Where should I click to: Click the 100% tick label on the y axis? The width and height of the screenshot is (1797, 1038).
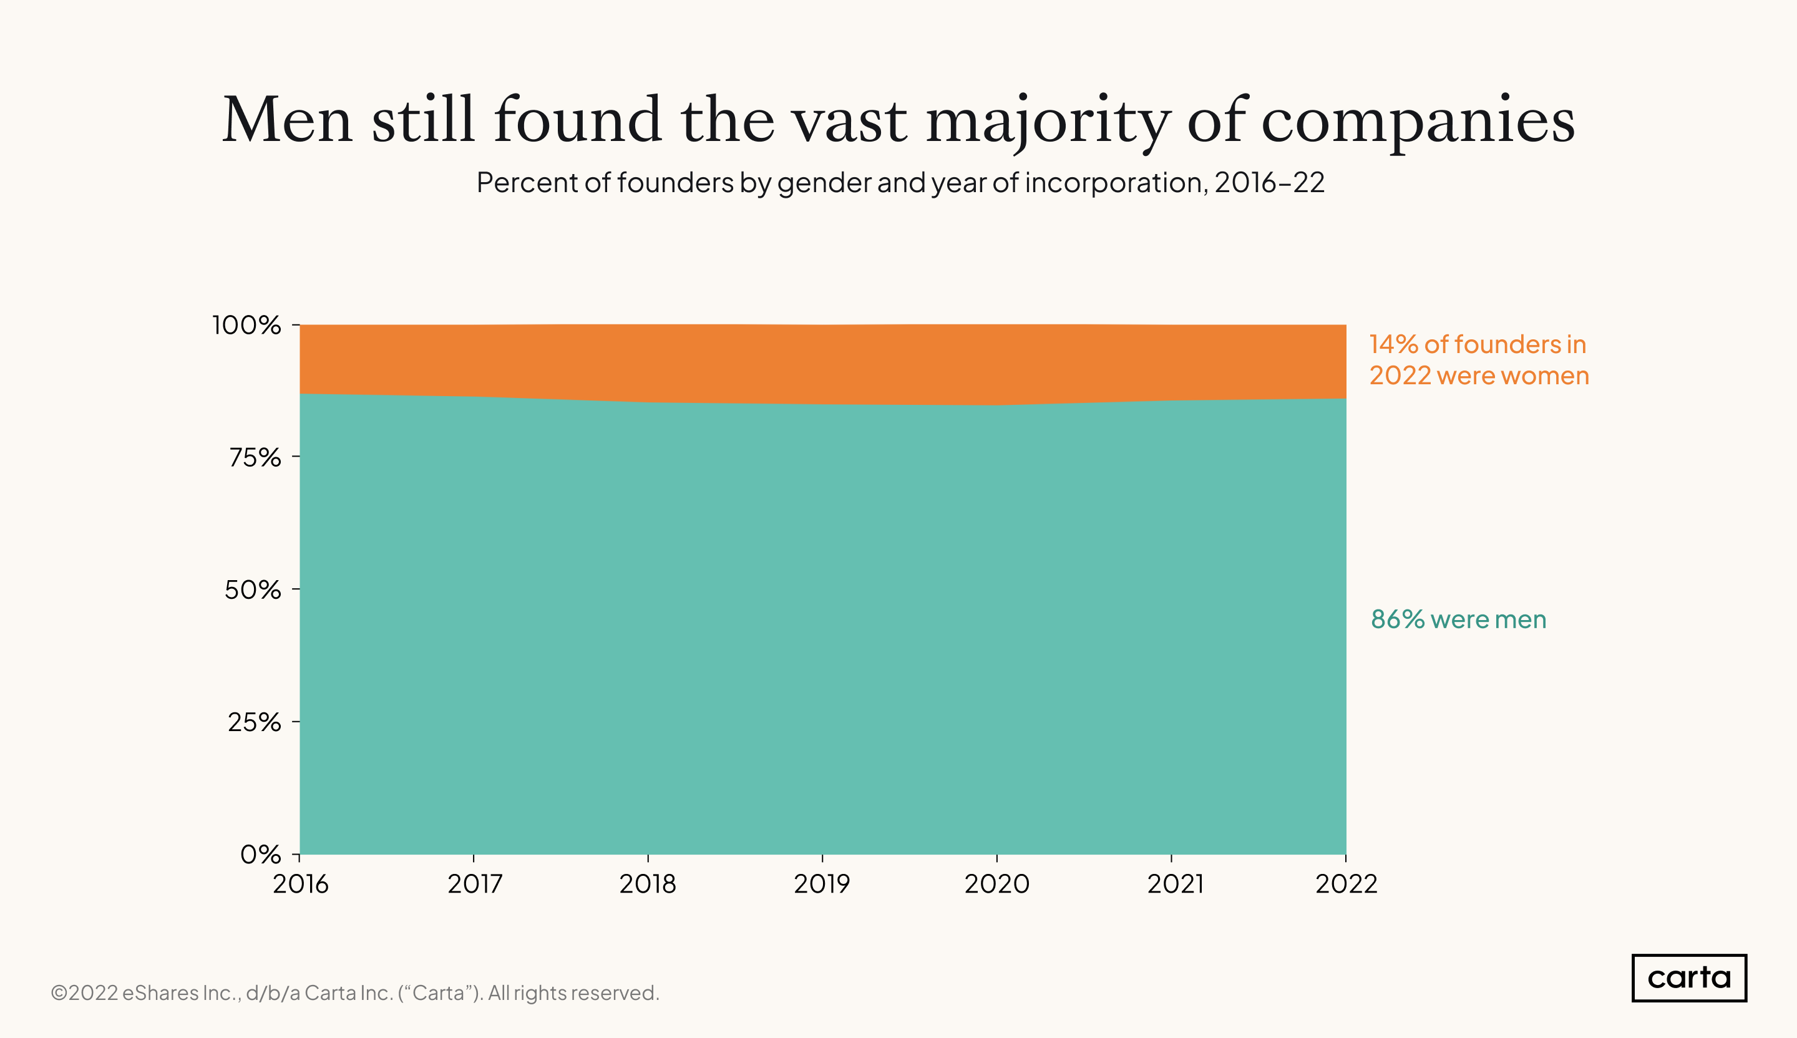point(246,326)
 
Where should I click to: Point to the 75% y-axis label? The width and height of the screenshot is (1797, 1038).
point(255,458)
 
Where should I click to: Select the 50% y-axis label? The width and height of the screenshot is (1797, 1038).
point(253,590)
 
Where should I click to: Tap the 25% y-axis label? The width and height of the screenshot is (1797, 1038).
point(255,722)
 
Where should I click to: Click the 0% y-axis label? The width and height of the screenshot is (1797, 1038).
point(260,854)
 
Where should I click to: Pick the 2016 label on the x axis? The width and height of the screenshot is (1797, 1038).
point(300,885)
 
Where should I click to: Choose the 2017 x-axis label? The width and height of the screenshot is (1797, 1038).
point(475,885)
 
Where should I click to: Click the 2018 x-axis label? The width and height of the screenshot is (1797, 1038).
point(648,885)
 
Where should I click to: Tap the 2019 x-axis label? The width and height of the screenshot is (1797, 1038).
point(822,885)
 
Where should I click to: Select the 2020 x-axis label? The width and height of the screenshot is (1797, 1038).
point(997,885)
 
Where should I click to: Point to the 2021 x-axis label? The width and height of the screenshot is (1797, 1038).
point(1175,885)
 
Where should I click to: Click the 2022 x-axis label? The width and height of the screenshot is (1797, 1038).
point(1347,885)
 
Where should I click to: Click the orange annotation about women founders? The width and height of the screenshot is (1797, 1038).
point(1478,360)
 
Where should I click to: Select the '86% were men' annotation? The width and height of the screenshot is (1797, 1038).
point(1458,619)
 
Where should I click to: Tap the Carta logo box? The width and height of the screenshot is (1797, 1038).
point(1688,978)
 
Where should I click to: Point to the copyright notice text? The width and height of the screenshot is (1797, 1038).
point(354,993)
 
